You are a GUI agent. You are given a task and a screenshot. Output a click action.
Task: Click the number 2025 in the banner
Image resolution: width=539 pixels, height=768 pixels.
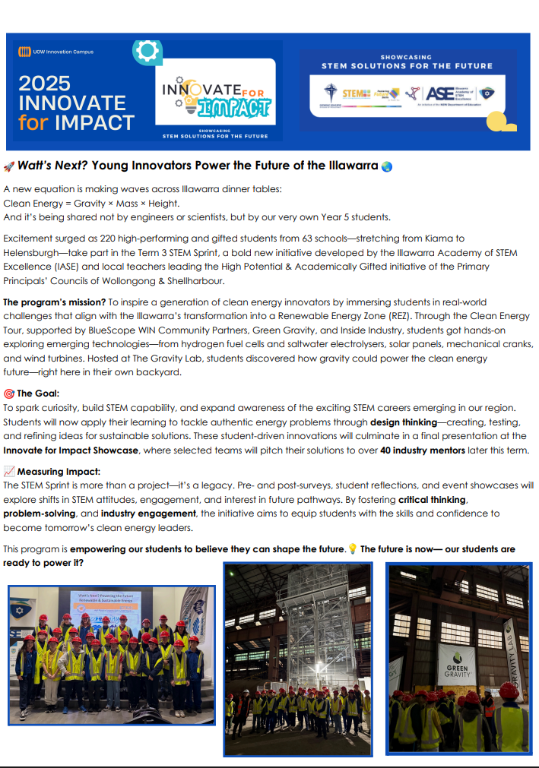[45, 83]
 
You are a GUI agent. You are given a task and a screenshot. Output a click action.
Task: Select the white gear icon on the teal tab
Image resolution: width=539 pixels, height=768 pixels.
[146, 51]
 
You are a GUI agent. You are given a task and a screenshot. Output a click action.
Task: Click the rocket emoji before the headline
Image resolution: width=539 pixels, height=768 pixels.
[9, 166]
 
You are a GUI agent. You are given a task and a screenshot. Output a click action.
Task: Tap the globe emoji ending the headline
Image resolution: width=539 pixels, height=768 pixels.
[386, 166]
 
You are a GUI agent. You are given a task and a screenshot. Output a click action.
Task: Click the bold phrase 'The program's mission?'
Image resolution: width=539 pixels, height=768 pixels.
[50, 302]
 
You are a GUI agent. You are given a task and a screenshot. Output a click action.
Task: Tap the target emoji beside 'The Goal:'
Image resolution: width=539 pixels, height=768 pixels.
[8, 393]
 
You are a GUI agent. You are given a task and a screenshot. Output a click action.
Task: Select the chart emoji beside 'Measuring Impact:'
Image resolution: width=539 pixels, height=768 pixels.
[8, 472]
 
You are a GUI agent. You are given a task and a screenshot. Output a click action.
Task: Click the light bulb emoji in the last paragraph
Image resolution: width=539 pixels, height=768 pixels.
[352, 548]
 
